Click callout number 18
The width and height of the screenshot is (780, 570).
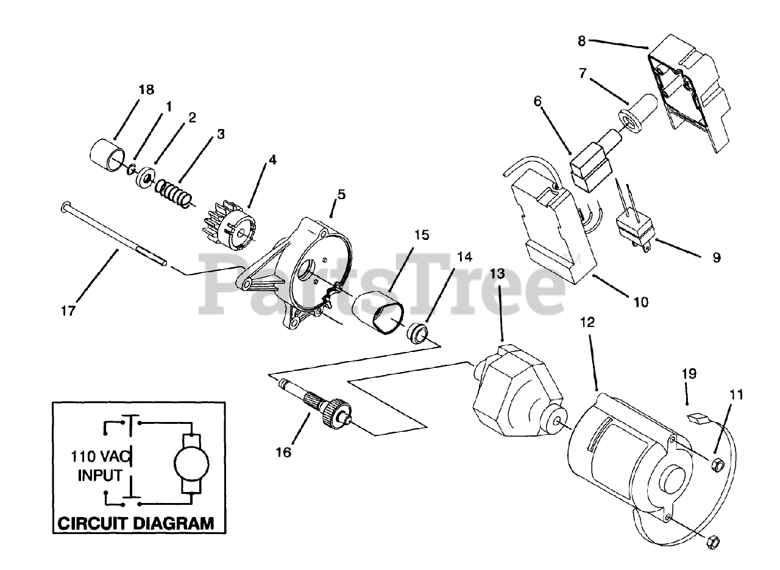pos(146,90)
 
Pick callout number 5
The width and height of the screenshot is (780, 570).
pos(341,195)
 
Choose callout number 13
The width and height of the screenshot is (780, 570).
pos(498,273)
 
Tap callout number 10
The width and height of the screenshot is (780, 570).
pos(641,301)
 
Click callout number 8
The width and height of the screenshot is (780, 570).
pos(581,41)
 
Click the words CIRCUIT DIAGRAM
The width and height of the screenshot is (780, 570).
pos(135,522)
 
